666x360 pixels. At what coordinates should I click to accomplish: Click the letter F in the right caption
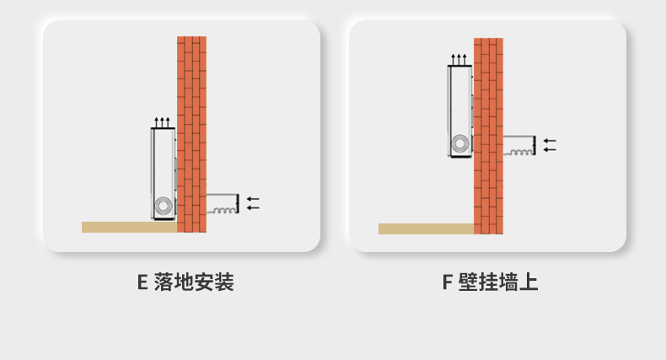point(447,282)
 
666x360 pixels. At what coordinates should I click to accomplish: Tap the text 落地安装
point(194,282)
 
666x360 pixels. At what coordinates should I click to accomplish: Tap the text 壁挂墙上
point(499,282)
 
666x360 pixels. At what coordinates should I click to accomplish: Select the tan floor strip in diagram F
point(426,228)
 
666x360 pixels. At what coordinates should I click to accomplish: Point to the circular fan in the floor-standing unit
point(162,207)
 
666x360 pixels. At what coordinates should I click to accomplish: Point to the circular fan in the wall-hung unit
point(459,144)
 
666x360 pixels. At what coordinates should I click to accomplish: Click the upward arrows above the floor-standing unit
point(163,122)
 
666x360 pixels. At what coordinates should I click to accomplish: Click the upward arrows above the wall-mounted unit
point(459,59)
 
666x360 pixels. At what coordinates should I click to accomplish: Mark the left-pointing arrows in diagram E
point(253,202)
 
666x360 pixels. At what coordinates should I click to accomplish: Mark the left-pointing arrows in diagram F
point(550,144)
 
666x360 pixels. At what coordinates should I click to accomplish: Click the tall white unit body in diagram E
point(162,164)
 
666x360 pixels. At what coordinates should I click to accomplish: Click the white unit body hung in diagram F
point(459,101)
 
